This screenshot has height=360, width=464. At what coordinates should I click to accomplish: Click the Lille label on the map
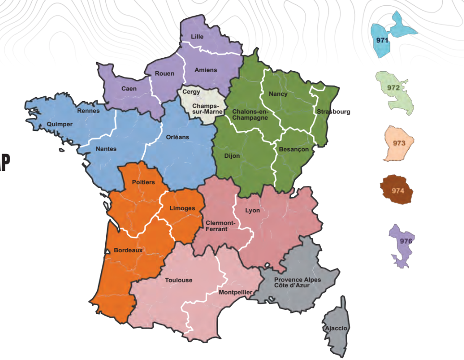(197, 37)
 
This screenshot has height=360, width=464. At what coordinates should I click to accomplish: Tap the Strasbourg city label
(333, 112)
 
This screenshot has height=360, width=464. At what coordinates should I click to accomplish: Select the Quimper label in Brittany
(60, 124)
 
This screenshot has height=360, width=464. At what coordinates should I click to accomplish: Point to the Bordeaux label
(128, 250)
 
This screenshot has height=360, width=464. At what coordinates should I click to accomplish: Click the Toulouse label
(178, 280)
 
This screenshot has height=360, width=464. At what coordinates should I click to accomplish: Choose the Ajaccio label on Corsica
(336, 328)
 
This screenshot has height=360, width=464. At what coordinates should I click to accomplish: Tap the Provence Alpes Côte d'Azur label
(295, 283)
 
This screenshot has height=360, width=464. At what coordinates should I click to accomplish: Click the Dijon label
(232, 156)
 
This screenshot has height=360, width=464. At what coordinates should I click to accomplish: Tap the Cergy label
(191, 91)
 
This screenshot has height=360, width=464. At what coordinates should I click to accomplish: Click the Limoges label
(183, 208)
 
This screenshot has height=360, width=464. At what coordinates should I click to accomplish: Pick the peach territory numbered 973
(399, 143)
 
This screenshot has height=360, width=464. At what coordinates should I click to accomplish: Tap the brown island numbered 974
(397, 190)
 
